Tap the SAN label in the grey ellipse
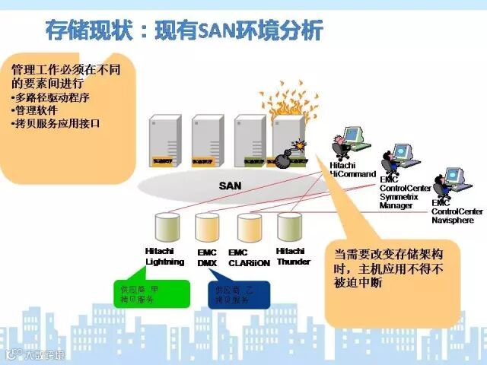tap(230, 185)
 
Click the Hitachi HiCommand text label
tap(352, 170)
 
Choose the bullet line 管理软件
tap(37, 109)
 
